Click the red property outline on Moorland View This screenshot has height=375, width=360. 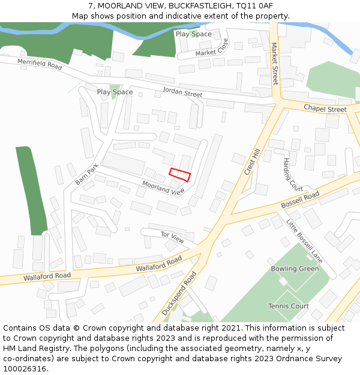tap(179, 175)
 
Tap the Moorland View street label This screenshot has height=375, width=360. tap(164, 188)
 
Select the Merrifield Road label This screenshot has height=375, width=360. tap(40, 64)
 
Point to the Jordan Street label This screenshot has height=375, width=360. tap(182, 93)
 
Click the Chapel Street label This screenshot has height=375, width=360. tap(325, 109)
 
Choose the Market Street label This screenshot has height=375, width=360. tap(275, 63)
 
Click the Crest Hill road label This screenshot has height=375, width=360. tap(252, 163)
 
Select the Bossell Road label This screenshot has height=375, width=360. tap(300, 200)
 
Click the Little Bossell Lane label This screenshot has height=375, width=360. tap(304, 240)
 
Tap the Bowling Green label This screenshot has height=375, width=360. tap(295, 268)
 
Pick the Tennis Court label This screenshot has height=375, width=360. tap(288, 306)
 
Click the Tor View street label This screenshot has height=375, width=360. tap(172, 237)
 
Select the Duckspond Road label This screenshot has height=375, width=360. tap(179, 293)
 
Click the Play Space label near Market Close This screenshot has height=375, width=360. tap(193, 34)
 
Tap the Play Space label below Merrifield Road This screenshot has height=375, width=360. tap(115, 92)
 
